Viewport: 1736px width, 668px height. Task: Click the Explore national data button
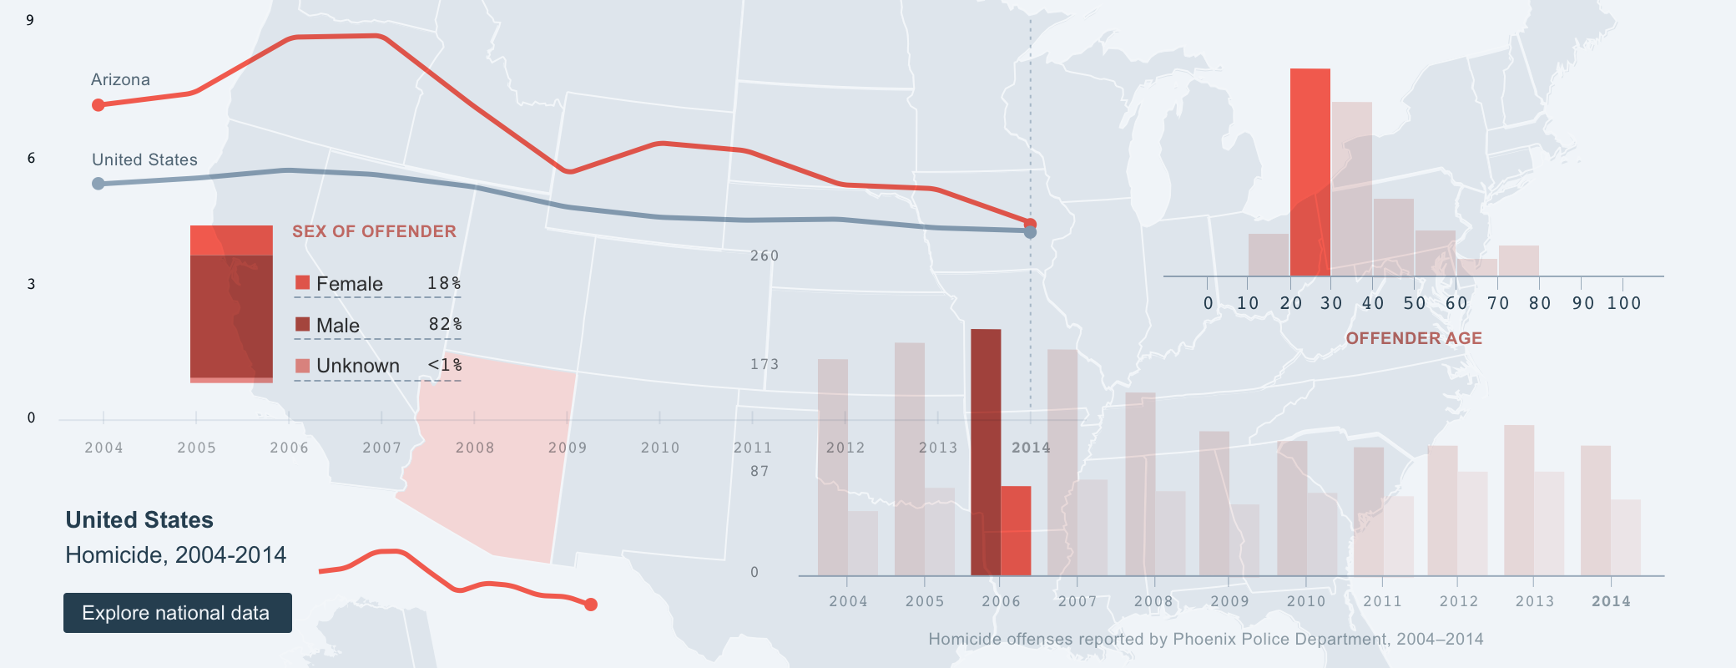coord(177,613)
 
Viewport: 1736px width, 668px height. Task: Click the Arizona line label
coord(120,80)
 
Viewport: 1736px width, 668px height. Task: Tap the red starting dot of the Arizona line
coord(98,105)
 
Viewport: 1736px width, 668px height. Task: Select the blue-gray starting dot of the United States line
coord(98,184)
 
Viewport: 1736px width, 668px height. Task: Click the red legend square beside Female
coord(302,282)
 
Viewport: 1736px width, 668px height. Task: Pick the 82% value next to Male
coord(445,324)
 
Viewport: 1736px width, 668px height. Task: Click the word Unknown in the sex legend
coord(357,366)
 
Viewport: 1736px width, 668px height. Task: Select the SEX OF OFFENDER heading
coord(374,231)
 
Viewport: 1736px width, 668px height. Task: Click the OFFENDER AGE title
coord(1414,338)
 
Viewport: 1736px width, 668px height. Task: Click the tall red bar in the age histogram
coord(1310,171)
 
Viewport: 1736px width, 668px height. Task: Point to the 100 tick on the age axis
coord(1623,303)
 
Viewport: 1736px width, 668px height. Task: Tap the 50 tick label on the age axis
coord(1414,303)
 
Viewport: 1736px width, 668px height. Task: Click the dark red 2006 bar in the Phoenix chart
coord(986,451)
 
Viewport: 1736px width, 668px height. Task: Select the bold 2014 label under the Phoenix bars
coord(1610,601)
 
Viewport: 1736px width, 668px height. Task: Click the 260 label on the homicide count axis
coord(764,256)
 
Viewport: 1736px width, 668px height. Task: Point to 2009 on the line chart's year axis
coord(568,448)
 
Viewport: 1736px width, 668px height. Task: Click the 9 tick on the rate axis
coord(30,20)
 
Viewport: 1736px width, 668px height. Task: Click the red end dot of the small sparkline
coord(591,605)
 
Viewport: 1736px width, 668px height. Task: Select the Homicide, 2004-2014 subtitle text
coord(175,555)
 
